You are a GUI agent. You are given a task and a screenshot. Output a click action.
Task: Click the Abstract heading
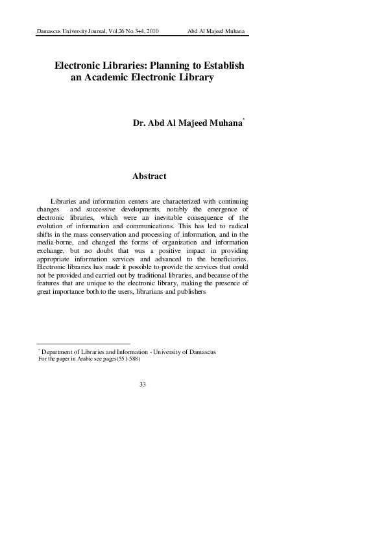point(149,176)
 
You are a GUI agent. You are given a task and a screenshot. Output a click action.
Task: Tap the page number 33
point(143,385)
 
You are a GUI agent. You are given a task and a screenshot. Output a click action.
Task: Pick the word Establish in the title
point(223,66)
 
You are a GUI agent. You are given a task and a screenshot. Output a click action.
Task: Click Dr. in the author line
point(139,121)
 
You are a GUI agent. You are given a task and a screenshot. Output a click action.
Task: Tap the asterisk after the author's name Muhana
point(244,119)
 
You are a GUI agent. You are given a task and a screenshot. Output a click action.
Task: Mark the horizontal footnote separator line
point(84,344)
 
